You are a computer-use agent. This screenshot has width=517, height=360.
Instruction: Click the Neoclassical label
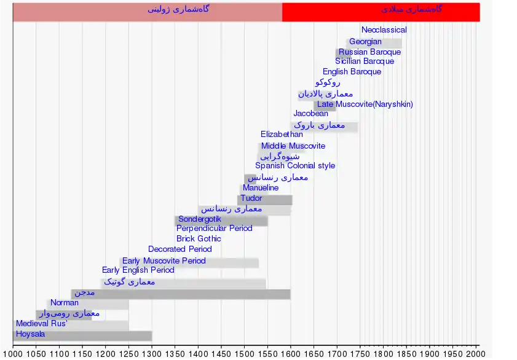[384, 30]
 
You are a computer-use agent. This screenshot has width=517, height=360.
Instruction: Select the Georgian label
[365, 42]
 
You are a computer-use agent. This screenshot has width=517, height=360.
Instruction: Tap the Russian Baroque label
[369, 52]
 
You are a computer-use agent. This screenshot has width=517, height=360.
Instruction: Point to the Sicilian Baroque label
[365, 61]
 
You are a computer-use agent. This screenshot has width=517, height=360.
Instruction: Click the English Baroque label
[352, 72]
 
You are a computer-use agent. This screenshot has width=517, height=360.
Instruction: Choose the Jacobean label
[310, 114]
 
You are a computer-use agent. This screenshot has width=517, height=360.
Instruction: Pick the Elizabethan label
[282, 135]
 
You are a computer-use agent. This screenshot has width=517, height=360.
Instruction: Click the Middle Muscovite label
[293, 146]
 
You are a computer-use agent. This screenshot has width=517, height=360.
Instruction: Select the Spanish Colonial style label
[295, 166]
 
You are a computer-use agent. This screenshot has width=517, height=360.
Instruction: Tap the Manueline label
[261, 188]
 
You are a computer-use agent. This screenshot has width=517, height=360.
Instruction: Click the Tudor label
[251, 198]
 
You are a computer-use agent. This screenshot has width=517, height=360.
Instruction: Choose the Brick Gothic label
[199, 239]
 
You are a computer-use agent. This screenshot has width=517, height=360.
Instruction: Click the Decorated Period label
[180, 249]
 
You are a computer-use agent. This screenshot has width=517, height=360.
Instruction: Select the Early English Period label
[138, 270]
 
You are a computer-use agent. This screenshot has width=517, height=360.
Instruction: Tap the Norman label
[65, 303]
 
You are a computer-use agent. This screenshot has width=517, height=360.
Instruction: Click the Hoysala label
[30, 335]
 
